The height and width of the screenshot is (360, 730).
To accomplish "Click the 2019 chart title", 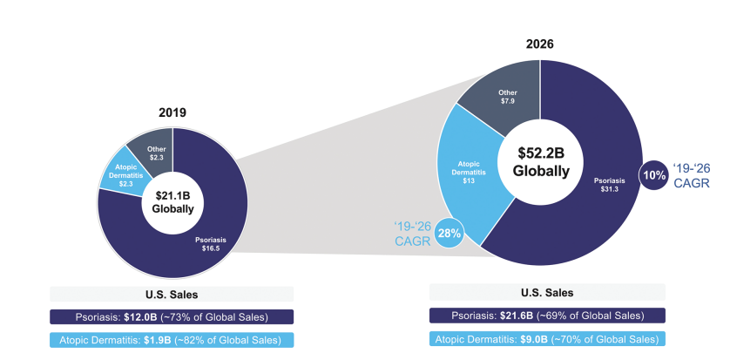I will click(172, 112).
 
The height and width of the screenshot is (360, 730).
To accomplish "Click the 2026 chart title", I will click(540, 44).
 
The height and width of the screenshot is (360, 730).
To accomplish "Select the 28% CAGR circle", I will click(449, 232).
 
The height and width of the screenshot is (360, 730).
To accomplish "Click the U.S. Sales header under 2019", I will click(172, 294).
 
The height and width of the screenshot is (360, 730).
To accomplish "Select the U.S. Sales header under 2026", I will click(547, 292).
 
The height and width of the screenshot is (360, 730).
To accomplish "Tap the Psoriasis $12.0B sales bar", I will click(172, 316).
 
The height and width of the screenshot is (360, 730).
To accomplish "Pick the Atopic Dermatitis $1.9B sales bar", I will click(172, 339).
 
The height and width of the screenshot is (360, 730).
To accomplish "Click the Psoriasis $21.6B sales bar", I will click(547, 315).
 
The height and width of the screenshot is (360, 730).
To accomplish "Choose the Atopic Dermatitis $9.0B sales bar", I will click(547, 338).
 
